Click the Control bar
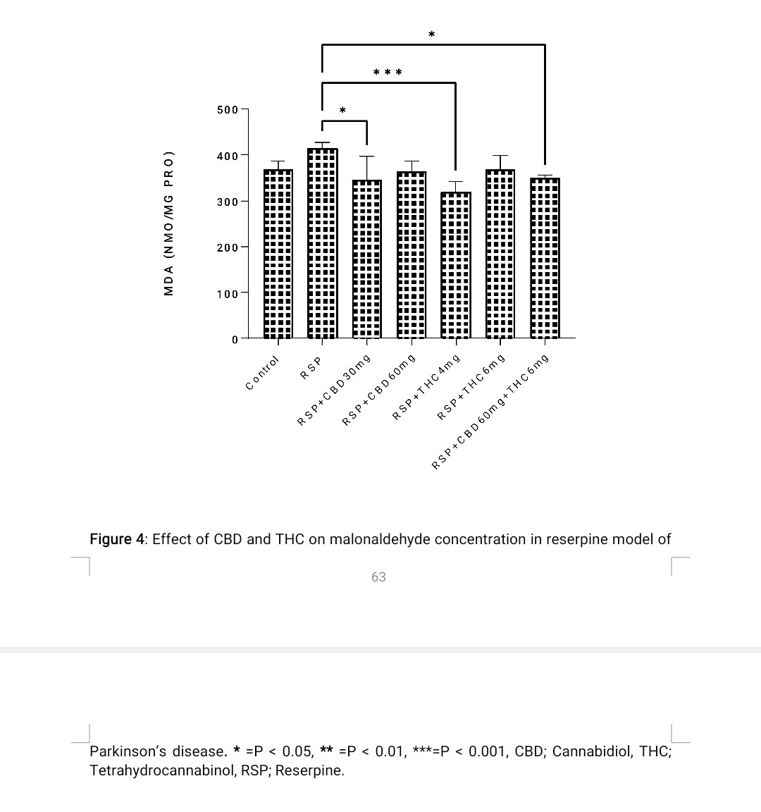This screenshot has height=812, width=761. [278, 254]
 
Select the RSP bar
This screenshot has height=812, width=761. [322, 243]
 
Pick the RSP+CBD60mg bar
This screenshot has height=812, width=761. [411, 255]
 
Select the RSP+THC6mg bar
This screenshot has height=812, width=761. [500, 254]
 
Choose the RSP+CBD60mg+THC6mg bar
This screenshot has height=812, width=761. [544, 258]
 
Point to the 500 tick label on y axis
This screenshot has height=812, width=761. [228, 110]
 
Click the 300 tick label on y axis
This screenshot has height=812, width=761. [228, 202]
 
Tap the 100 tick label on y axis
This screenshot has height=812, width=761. [228, 293]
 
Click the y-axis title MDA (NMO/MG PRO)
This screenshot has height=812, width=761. [168, 223]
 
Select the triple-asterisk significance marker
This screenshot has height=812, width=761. [388, 72]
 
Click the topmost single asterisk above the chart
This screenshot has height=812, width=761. [431, 34]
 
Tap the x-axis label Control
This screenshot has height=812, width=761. [262, 373]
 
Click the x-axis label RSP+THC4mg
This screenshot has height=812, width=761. [426, 387]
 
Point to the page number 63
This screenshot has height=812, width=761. [378, 577]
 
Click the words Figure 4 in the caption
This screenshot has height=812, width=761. [117, 540]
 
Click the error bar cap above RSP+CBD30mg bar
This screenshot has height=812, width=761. [366, 156]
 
